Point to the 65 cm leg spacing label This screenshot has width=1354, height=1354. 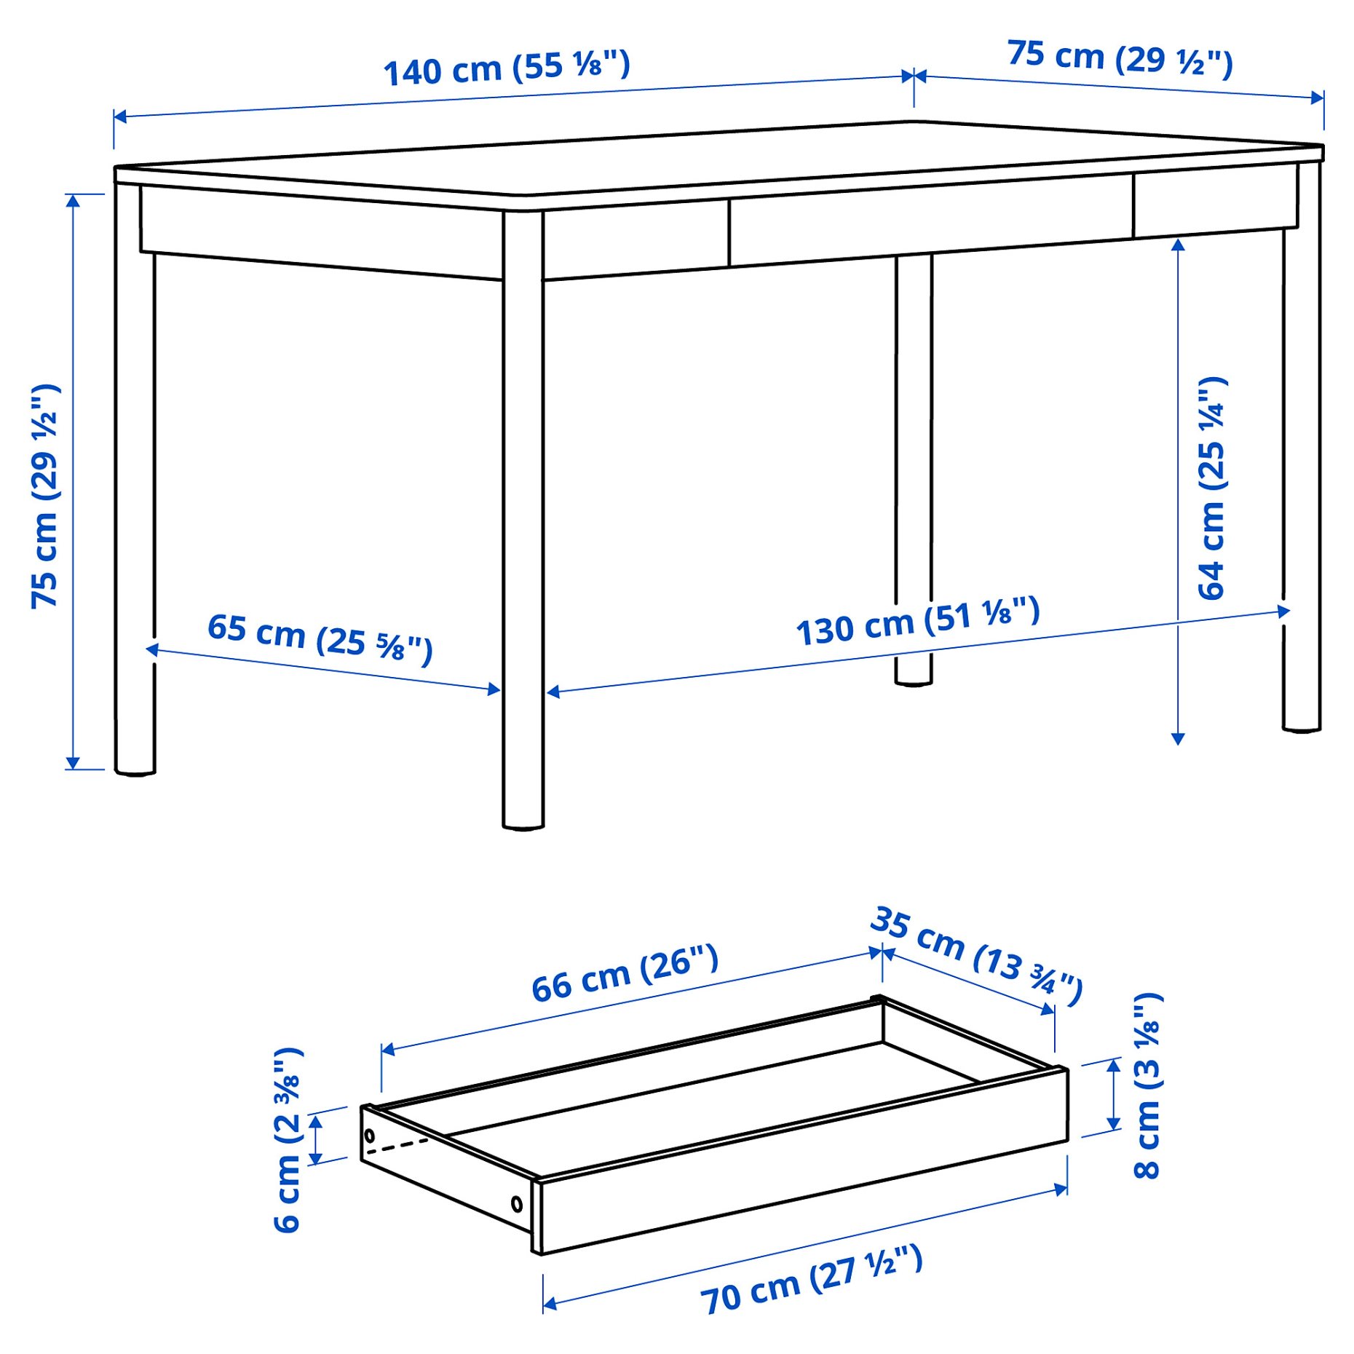320,638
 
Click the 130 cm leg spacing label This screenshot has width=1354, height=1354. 917,621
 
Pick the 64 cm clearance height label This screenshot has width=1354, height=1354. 1212,488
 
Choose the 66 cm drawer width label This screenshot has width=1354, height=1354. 625,973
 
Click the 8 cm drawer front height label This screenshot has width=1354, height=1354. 1148,1085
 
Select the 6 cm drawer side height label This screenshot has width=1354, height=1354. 288,1140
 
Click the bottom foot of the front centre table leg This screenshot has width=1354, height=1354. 523,825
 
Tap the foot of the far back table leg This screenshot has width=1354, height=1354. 913,681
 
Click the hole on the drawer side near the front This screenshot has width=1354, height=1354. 516,1204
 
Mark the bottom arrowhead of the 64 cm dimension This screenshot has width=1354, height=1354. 1178,739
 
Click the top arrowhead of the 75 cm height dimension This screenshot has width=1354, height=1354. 73,200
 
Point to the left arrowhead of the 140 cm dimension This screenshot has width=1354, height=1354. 120,116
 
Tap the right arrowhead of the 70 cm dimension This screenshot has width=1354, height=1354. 1061,1189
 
